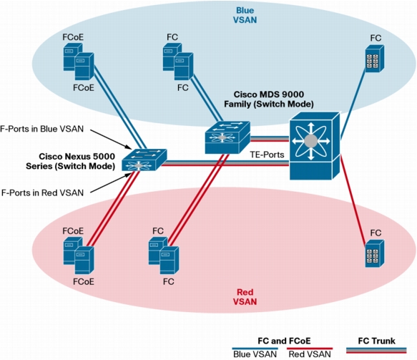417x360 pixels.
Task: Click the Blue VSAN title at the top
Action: pos(245,15)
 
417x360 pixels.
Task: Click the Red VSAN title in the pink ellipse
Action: pos(245,297)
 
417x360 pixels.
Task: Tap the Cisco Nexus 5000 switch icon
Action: pos(144,160)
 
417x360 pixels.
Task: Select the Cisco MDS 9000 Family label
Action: pos(269,99)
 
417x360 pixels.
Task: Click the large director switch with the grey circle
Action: pos(315,146)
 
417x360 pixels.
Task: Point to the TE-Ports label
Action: pos(267,155)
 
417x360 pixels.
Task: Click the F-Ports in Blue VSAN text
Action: pos(41,129)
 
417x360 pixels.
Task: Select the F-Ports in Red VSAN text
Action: pos(42,193)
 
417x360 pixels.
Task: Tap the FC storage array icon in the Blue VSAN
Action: pos(375,59)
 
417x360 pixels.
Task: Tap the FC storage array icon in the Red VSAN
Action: pos(375,253)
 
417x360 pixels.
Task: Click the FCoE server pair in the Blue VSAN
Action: pos(79,62)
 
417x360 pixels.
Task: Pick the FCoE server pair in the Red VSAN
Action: pos(79,256)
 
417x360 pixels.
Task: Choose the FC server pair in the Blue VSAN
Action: pos(178,62)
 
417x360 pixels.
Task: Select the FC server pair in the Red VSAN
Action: pos(164,256)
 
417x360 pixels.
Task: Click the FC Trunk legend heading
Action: pos(376,341)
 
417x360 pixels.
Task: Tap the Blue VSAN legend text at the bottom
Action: pos(255,354)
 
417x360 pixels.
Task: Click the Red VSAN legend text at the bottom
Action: pos(310,354)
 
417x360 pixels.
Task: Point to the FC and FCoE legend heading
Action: pos(284,341)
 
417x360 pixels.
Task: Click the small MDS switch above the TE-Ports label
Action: pos(227,137)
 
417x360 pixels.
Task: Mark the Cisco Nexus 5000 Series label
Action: pos(71,161)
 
